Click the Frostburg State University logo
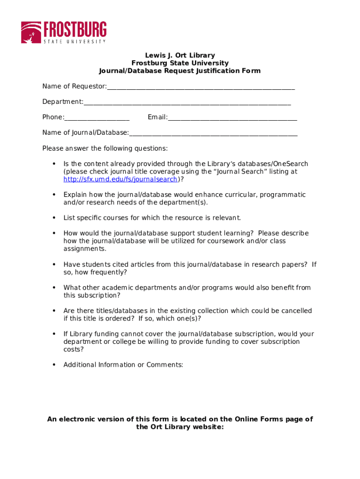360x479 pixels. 64,32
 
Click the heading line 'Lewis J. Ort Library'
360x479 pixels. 180,55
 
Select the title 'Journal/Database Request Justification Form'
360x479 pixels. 180,71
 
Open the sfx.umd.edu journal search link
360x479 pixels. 121,179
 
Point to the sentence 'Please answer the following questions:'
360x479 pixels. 105,148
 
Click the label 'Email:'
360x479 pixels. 158,117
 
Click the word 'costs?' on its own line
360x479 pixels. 74,349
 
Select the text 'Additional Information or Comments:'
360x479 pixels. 123,365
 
